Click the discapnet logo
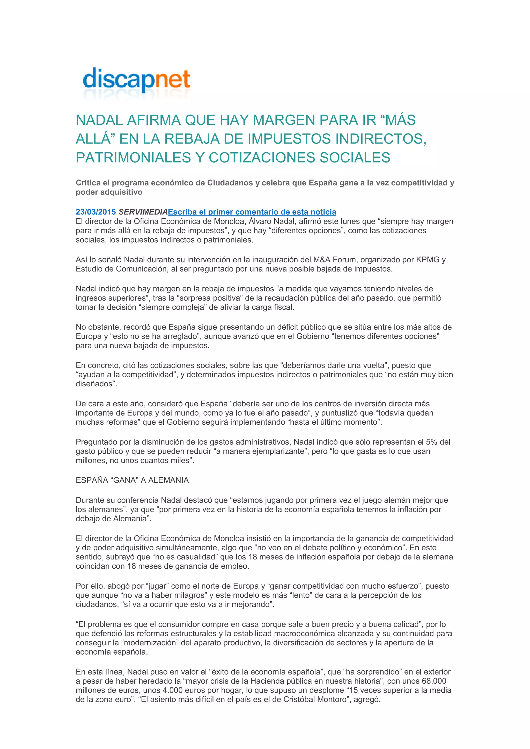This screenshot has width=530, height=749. point(136,81)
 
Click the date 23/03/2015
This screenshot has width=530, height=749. point(95,212)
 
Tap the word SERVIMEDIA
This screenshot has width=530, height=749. point(143,212)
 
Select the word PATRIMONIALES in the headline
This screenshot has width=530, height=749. point(133,158)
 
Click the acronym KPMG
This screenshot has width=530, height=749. point(428,260)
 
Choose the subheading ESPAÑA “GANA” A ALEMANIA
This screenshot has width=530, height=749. point(132,480)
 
